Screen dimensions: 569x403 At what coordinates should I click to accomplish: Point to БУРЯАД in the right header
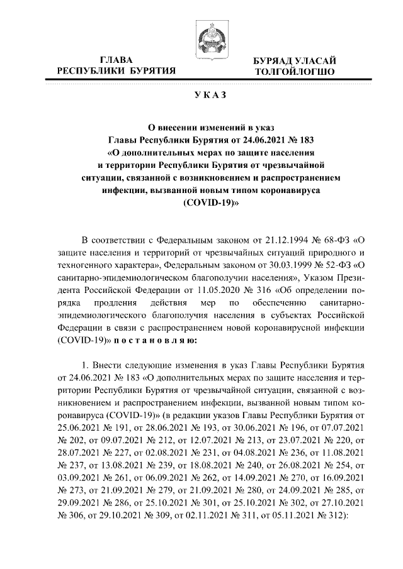[x=275, y=61]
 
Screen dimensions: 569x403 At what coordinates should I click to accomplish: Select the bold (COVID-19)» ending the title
[x=201, y=204]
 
